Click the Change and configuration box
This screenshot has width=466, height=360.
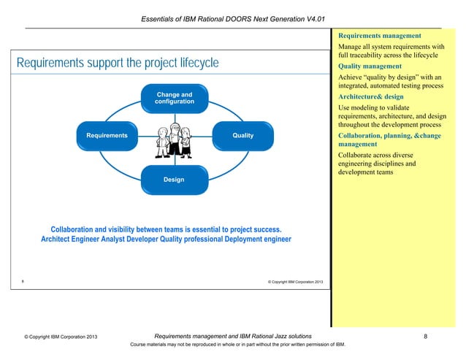[x=174, y=99]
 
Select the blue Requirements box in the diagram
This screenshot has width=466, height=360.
[x=107, y=136]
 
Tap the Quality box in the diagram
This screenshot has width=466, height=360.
[x=242, y=136]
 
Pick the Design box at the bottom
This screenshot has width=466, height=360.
[x=174, y=180]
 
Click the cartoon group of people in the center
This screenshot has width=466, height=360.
[x=174, y=140]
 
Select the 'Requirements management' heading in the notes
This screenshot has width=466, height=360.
[x=378, y=35]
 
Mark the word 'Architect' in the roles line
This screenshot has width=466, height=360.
[x=59, y=239]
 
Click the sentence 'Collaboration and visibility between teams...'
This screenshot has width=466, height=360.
[x=166, y=229]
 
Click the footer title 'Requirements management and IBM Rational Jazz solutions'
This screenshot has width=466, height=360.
[x=233, y=336]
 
